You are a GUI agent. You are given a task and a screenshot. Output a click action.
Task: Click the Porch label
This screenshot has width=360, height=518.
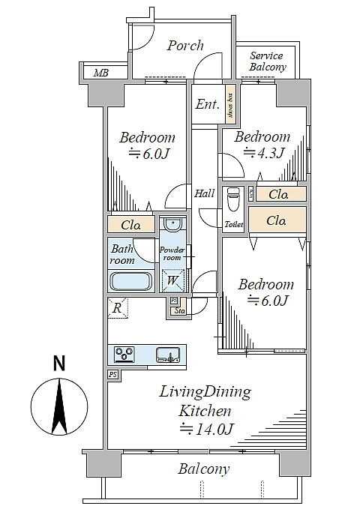pyautogui.click(x=185, y=46)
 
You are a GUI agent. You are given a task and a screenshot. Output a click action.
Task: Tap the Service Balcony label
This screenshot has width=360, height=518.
pyautogui.click(x=268, y=61)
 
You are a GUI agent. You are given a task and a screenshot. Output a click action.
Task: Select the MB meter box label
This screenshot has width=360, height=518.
pyautogui.click(x=100, y=73)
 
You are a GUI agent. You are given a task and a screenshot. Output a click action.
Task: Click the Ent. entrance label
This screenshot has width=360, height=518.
pyautogui.click(x=207, y=104)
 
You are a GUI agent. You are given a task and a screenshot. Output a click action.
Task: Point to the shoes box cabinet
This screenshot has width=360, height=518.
pyautogui.click(x=230, y=104)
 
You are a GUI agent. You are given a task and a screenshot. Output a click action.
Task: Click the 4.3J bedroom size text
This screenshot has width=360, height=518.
pyautogui.click(x=264, y=153)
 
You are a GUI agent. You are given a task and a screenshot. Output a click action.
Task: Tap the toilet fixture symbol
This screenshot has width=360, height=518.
pyautogui.click(x=233, y=199)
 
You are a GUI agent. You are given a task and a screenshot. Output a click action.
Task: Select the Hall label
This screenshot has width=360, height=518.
pyautogui.click(x=204, y=193)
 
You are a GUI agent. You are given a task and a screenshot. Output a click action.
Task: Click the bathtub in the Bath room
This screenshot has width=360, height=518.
pyautogui.click(x=131, y=281)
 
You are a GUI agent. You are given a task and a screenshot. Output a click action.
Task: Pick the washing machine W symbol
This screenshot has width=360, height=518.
pyautogui.click(x=172, y=281)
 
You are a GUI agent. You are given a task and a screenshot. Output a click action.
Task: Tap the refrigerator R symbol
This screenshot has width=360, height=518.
pyautogui.click(x=117, y=308)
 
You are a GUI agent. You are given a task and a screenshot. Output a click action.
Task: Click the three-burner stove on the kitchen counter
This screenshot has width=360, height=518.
pyautogui.click(x=124, y=354)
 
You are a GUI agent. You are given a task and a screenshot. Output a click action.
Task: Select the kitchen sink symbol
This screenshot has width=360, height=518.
pyautogui.click(x=168, y=355)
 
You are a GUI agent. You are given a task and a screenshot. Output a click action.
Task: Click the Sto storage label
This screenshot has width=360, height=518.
pyautogui.click(x=179, y=311)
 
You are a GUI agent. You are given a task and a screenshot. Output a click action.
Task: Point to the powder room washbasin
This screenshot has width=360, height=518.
pyautogui.click(x=172, y=224)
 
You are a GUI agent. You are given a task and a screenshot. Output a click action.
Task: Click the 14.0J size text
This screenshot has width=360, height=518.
pyautogui.click(x=207, y=429)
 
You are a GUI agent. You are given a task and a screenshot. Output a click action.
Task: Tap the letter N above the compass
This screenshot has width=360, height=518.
pyautogui.click(x=59, y=364)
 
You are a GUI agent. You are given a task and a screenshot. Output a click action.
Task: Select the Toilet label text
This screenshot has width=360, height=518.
pyautogui.click(x=234, y=225)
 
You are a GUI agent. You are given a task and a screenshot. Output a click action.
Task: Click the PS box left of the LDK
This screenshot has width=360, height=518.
pyautogui.click(x=112, y=375)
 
